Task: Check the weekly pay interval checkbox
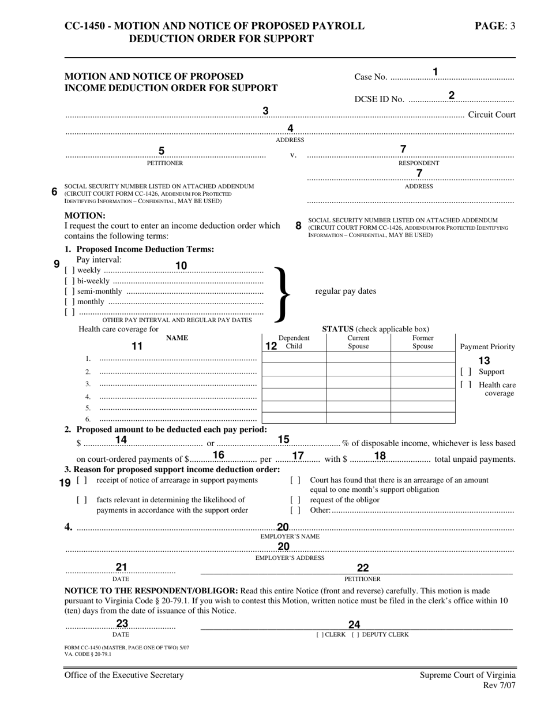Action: pos(69,270)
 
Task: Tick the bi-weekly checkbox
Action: pos(69,281)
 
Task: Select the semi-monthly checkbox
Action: pos(69,292)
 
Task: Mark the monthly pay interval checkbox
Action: pos(69,302)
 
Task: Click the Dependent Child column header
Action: pos(294,342)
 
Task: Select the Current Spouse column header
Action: pos(358,342)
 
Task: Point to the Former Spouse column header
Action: pos(423,342)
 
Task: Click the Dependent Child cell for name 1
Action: pos(294,358)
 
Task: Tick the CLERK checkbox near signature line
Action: pos(320,635)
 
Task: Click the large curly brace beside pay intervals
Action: pos(280,293)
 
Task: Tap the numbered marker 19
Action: pos(65,483)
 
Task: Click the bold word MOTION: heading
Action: pos(85,215)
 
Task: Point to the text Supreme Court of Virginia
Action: pos(467,675)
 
